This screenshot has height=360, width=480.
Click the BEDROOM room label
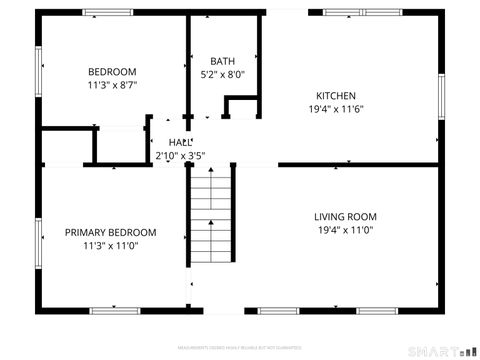112,72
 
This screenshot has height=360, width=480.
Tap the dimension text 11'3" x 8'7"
112,86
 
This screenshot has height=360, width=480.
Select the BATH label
222,60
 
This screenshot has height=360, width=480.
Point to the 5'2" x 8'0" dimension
222,74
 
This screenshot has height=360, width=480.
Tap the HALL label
180,142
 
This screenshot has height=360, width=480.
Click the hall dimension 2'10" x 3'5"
180,156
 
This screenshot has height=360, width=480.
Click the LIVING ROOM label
345,216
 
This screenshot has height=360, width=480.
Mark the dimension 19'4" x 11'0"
345,230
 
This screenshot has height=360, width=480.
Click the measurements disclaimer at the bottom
240,347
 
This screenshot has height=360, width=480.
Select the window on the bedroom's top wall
107,12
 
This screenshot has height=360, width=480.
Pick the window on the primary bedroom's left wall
39,244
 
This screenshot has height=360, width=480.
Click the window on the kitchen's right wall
441,97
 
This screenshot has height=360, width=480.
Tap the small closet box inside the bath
241,108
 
